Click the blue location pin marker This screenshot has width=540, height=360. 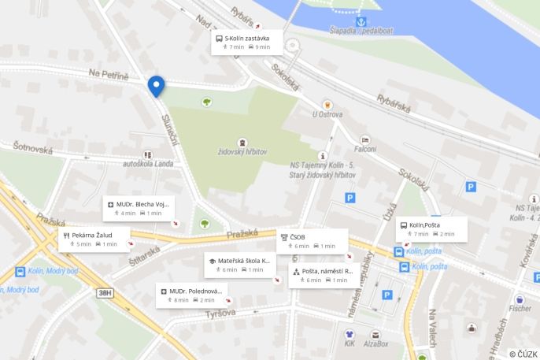click(x=156, y=85)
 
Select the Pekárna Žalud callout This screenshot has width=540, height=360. click(x=94, y=239)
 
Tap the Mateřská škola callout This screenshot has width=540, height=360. click(x=240, y=265)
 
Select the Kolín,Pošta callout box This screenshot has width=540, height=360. click(x=432, y=229)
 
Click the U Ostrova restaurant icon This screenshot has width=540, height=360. click(x=327, y=104)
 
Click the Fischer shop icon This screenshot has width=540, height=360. click(x=520, y=299)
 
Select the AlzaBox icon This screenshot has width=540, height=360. click(x=376, y=334)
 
